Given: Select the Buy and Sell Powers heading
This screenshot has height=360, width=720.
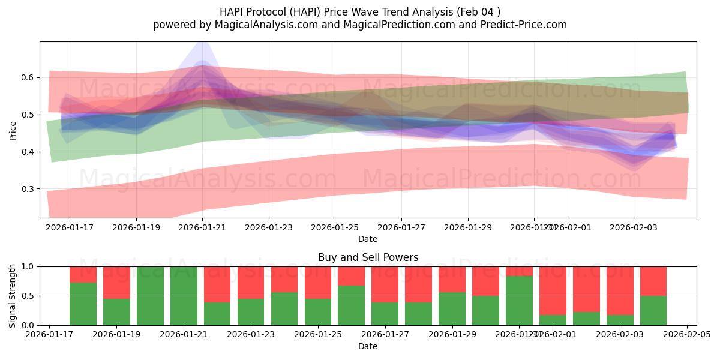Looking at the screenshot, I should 368,257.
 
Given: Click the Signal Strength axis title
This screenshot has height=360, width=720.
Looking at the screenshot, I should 13,296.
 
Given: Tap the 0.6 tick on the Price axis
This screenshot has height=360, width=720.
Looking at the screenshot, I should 28,78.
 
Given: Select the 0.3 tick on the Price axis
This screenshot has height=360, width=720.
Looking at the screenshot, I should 28,189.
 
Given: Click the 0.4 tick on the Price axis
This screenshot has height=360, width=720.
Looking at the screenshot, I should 28,152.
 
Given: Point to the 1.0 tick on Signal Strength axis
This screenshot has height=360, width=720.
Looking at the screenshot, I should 28,266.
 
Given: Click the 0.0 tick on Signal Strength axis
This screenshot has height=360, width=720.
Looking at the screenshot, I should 28,325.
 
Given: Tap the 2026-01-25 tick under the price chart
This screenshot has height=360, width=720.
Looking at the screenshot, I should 335,228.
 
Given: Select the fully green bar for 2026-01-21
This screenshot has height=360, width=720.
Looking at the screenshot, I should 184,296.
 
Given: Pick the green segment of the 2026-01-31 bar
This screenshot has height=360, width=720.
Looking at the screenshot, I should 519,300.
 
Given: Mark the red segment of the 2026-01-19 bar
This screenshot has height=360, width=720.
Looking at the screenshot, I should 116,282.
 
